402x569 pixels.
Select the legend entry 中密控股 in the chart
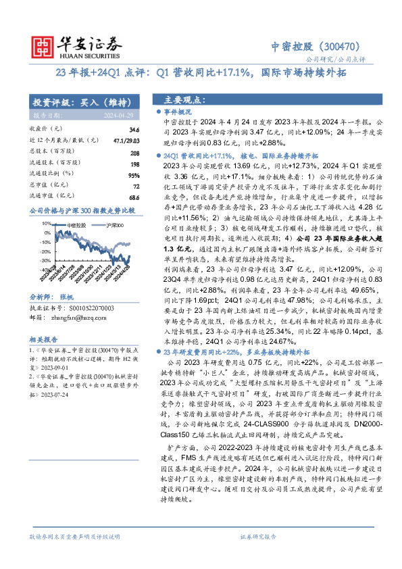point(76,224)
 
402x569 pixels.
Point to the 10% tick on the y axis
point(45,222)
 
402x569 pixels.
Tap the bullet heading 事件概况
point(179,112)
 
